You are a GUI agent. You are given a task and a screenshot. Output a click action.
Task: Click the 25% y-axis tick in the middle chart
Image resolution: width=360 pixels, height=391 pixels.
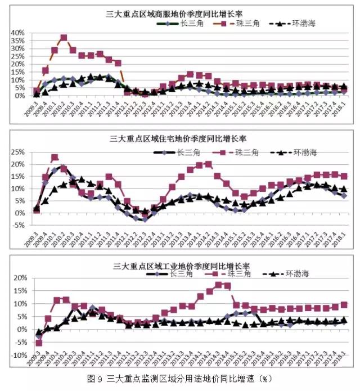tap(17, 152)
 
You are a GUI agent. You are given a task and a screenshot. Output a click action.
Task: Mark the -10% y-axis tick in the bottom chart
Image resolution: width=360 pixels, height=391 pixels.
tap(16, 356)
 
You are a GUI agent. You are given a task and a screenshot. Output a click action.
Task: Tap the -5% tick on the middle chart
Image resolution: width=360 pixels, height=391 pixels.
tap(18, 225)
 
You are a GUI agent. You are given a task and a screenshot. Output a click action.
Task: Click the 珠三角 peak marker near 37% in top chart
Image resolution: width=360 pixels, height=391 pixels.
tap(64, 38)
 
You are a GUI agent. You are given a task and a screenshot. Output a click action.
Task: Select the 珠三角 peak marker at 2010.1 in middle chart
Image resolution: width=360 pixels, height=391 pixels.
tap(55, 158)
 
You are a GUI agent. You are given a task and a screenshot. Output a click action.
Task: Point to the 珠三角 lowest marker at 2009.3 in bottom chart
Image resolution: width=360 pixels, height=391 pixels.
tap(39, 343)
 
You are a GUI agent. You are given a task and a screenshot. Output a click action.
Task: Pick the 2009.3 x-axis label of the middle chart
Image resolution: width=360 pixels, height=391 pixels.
tap(35, 231)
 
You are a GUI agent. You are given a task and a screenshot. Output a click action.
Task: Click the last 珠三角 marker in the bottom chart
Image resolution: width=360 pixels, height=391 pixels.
tap(344, 305)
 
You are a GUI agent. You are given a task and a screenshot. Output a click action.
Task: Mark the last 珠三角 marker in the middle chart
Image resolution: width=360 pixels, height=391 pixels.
tap(344, 177)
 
